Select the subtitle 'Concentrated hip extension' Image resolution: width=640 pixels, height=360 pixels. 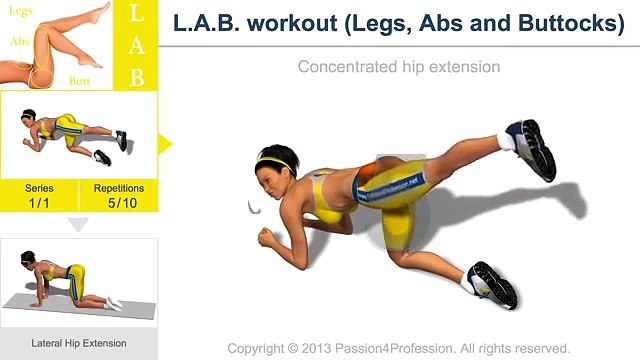(399, 67)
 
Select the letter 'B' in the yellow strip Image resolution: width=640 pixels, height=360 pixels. (138, 74)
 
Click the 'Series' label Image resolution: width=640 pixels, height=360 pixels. (40, 188)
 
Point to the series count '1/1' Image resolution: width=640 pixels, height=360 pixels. (40, 203)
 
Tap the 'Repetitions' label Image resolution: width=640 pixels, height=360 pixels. (119, 188)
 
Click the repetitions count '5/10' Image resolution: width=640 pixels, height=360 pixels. (119, 203)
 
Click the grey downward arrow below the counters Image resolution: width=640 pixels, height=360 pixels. (79, 225)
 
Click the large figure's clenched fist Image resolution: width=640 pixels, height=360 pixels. (266, 239)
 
